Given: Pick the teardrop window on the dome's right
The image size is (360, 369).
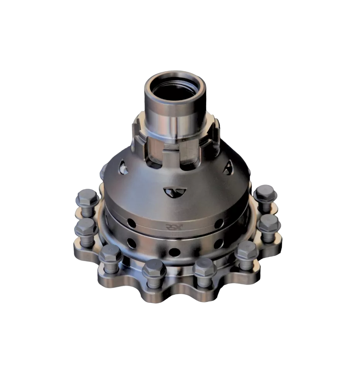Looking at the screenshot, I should coord(228,168).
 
